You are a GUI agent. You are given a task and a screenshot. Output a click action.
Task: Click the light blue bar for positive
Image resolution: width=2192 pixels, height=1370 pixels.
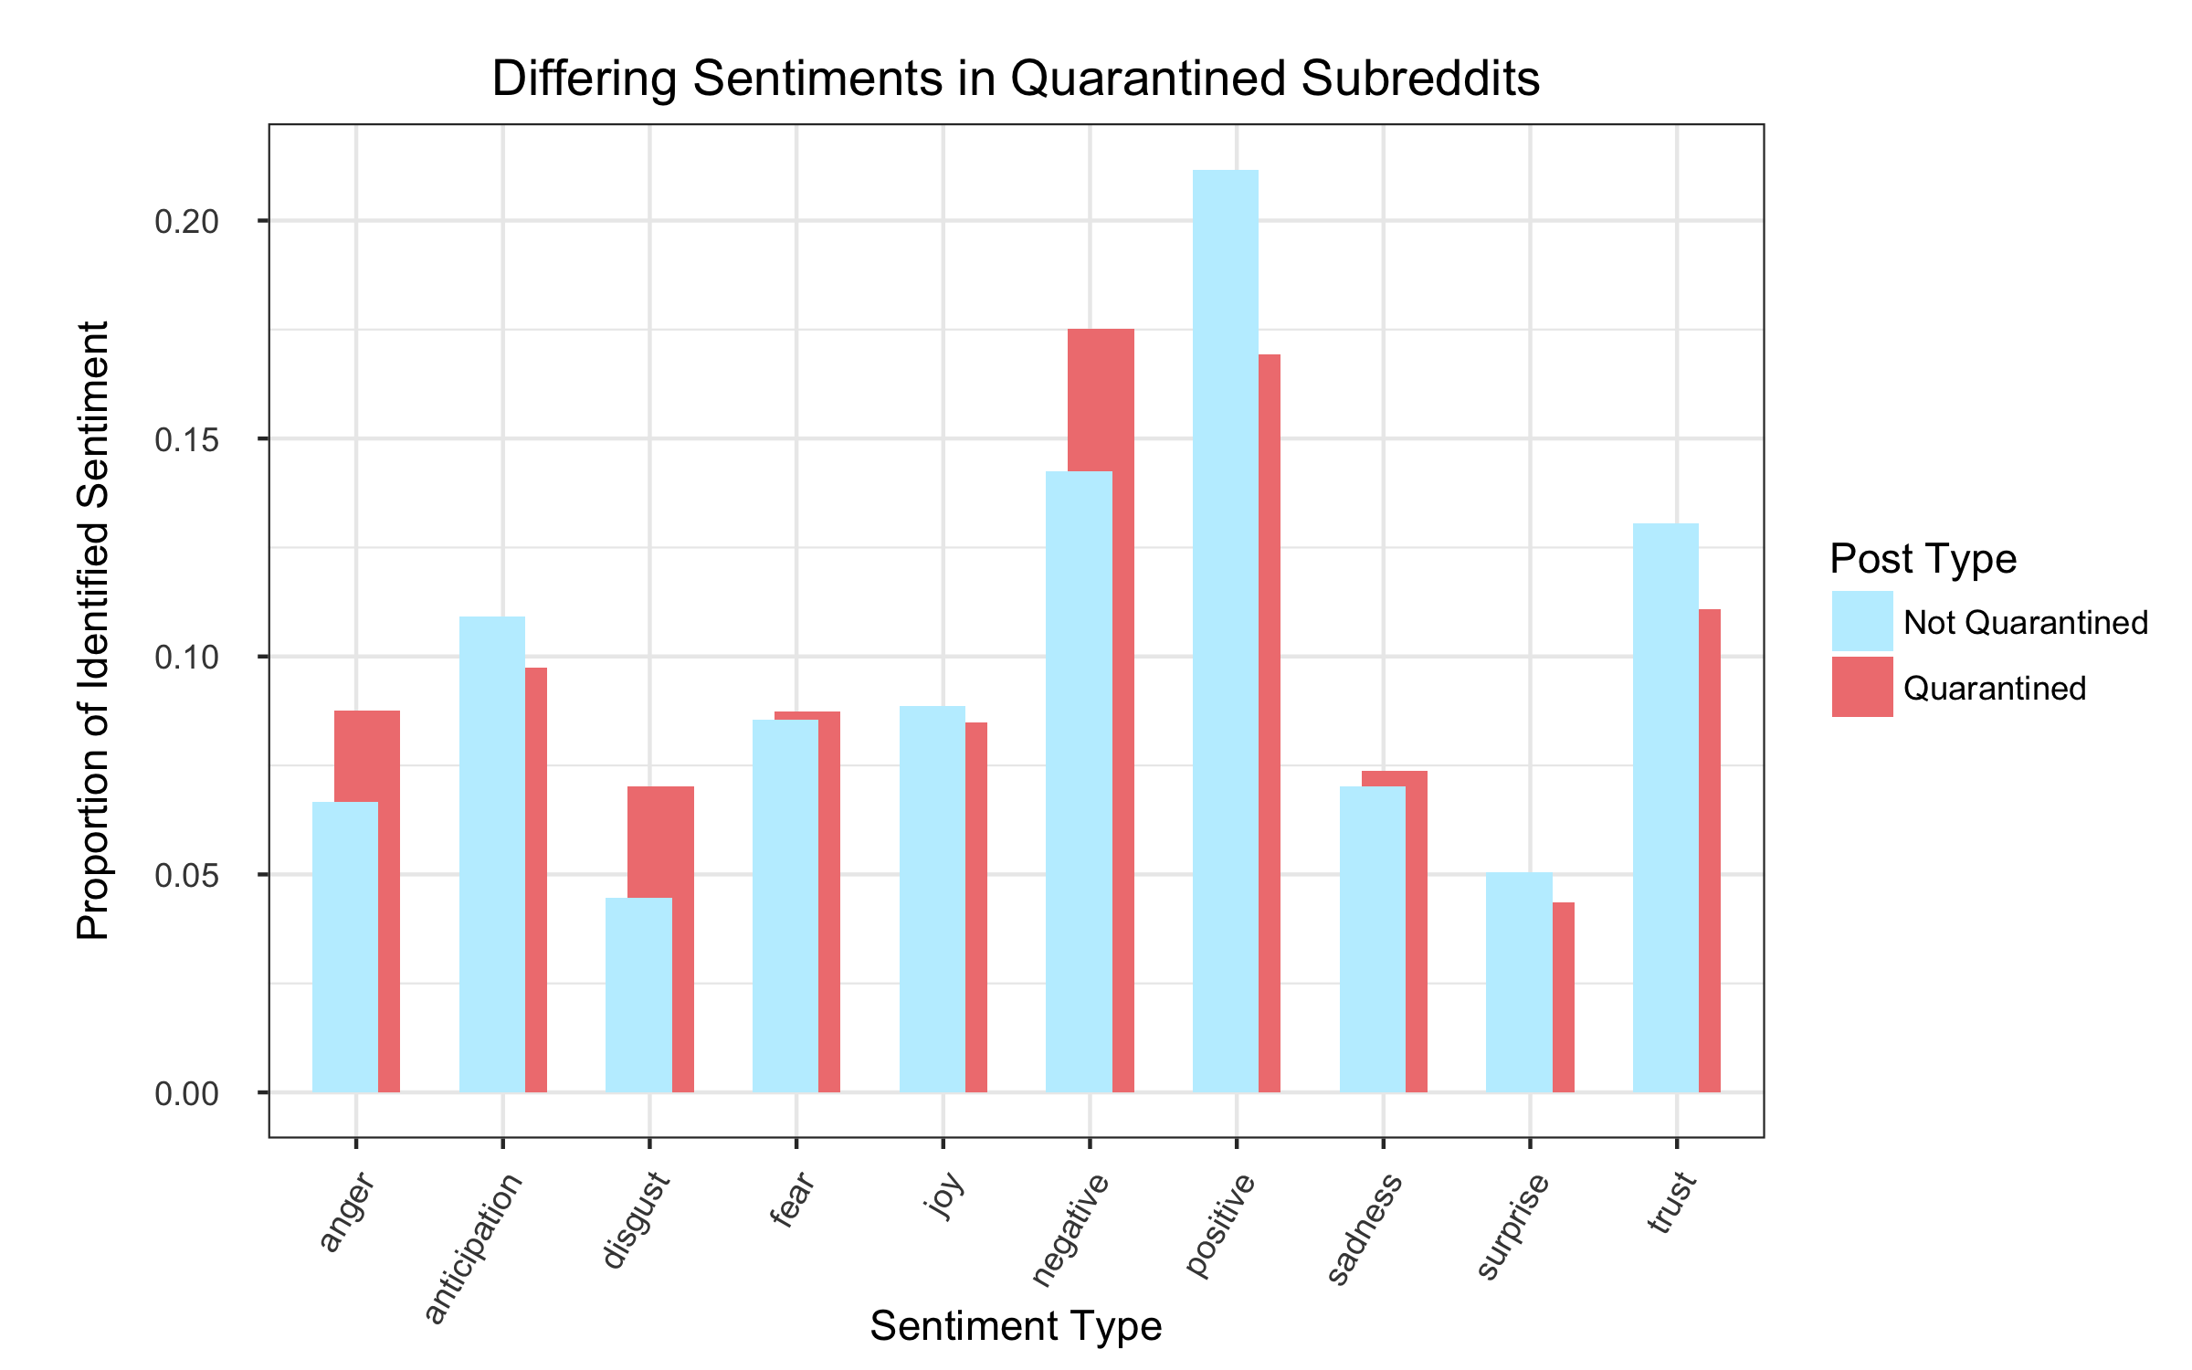pyautogui.click(x=1225, y=630)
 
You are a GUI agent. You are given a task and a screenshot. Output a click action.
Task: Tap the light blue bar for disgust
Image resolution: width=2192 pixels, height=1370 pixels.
pyautogui.click(x=638, y=996)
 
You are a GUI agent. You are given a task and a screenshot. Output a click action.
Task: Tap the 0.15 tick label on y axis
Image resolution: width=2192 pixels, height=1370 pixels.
pyautogui.click(x=186, y=439)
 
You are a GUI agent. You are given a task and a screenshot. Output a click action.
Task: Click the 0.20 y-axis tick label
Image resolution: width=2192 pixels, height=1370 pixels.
pyautogui.click(x=186, y=221)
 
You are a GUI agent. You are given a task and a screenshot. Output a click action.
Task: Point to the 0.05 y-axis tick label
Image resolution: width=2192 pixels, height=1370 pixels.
pyautogui.click(x=186, y=875)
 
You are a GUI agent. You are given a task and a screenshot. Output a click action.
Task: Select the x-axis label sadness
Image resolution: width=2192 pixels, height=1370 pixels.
pyautogui.click(x=1364, y=1228)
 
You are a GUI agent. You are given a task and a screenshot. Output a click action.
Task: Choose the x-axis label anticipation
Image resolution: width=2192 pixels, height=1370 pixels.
pyautogui.click(x=473, y=1247)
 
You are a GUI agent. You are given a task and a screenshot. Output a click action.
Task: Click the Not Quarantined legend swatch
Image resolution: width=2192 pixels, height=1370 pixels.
pyautogui.click(x=1861, y=621)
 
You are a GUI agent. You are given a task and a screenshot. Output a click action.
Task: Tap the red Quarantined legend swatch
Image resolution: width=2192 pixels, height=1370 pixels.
pyautogui.click(x=1861, y=687)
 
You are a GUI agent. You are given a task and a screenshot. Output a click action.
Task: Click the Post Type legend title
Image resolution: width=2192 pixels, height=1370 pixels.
pyautogui.click(x=1923, y=558)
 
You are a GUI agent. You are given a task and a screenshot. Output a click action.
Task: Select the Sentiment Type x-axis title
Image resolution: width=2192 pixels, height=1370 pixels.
pyautogui.click(x=1016, y=1326)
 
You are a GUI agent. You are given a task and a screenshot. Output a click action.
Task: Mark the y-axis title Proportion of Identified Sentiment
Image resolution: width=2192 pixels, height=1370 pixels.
pyautogui.click(x=92, y=630)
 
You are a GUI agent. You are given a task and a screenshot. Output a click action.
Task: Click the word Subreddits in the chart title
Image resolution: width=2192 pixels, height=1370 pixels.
pyautogui.click(x=1420, y=79)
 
